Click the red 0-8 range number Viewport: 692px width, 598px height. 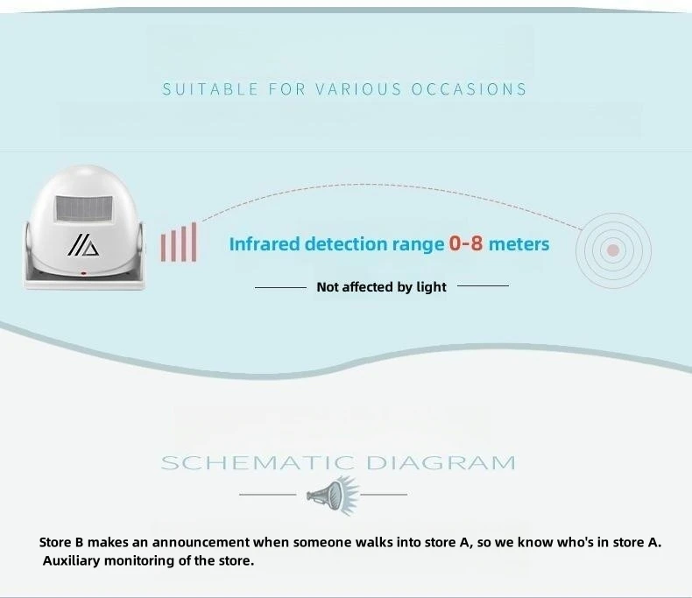466,243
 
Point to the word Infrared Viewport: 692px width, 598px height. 265,243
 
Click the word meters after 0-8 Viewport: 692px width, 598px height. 519,243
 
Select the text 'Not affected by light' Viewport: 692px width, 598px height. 381,287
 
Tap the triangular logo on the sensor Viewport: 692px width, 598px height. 84,246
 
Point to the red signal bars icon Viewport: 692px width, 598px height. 178,243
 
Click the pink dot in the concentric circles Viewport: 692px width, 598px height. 613,250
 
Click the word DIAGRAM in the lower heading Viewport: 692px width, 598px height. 441,462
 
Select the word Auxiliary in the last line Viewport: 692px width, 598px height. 74,560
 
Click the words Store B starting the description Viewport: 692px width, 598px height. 63,542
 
